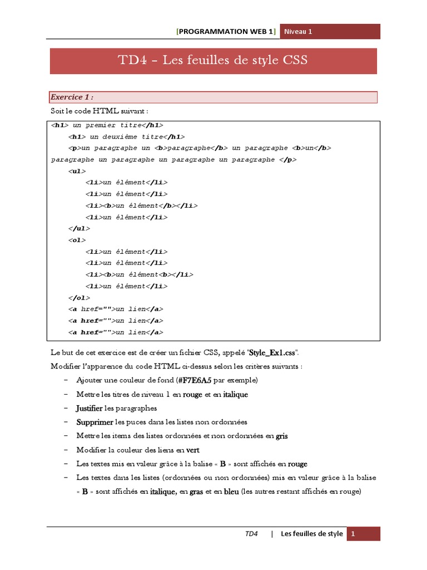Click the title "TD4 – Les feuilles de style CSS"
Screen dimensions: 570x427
pos(213,61)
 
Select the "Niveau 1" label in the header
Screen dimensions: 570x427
pos(299,32)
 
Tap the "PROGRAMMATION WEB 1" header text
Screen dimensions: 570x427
pos(226,32)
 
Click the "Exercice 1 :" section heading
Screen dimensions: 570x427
pos(72,97)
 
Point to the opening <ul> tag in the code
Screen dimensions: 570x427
pos(77,171)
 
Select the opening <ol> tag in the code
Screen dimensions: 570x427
pos(77,240)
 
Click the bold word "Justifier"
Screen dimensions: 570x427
pos(90,409)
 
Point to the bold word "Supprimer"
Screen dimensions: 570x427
pos(95,422)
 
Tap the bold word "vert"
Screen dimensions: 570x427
pos(193,450)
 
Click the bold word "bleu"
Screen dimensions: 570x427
pos(231,492)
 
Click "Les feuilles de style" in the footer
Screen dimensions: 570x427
pos(312,534)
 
